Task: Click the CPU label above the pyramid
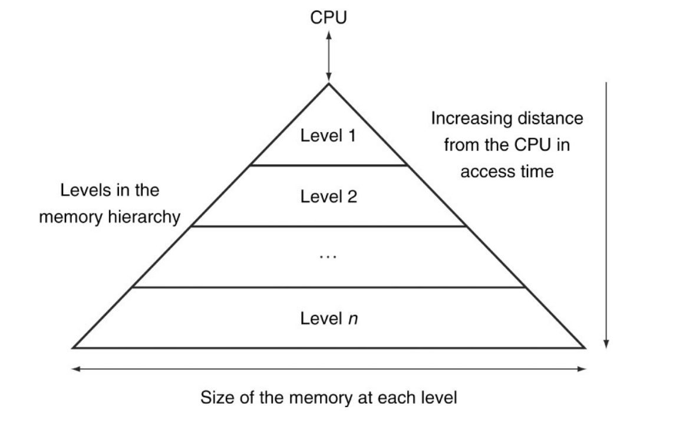pos(329,18)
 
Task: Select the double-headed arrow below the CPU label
pos(329,56)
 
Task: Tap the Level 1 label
pos(329,137)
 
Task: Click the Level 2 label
pos(329,197)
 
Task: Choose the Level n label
pos(329,319)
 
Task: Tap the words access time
pos(507,171)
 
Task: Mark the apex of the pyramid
pos(329,84)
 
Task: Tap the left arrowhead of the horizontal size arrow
pos(75,369)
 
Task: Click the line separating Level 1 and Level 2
pos(329,165)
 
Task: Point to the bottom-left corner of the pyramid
pos(73,348)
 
